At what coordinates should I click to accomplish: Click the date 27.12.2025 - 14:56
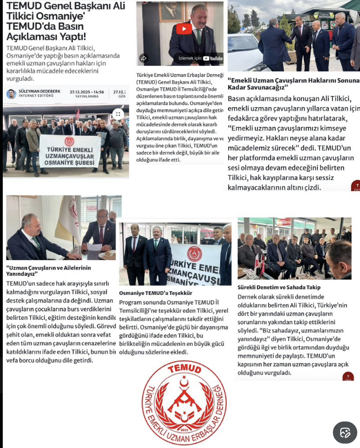pyautogui.click(x=87, y=92)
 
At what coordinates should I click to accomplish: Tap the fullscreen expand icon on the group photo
pyautogui.click(x=117, y=114)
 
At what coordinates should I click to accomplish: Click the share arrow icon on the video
pyautogui.click(x=144, y=57)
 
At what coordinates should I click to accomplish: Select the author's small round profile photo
pyautogui.click(x=11, y=93)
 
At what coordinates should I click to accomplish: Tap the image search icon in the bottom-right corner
pyautogui.click(x=345, y=432)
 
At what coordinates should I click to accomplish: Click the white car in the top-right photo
pyautogui.click(x=243, y=52)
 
